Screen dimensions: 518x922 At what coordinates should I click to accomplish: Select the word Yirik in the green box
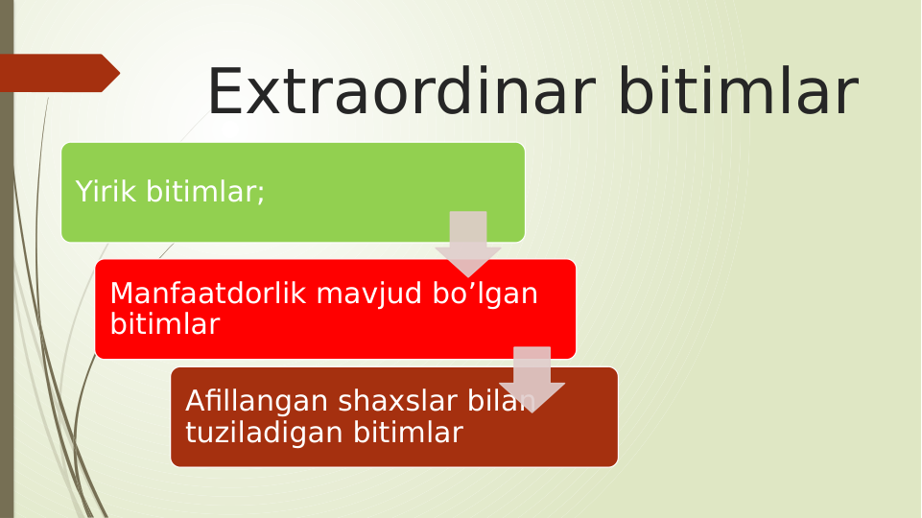pyautogui.click(x=106, y=192)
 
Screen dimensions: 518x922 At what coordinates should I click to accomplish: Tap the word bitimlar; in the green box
pyautogui.click(x=205, y=192)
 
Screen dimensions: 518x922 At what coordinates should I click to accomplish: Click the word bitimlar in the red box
pyautogui.click(x=164, y=324)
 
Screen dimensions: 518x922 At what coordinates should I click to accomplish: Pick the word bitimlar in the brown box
pyautogui.click(x=408, y=433)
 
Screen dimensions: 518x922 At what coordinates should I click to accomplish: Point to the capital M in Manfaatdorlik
pyautogui.click(x=121, y=294)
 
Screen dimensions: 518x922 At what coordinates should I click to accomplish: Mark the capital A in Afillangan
pyautogui.click(x=194, y=400)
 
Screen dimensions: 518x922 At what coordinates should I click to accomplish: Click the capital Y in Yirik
pyautogui.click(x=83, y=192)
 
